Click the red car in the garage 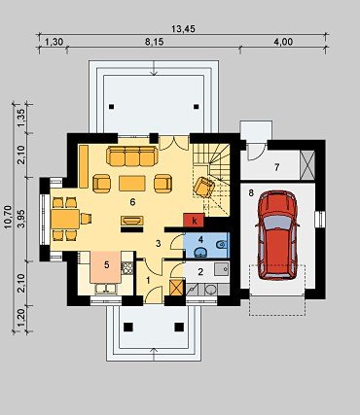tap(277, 235)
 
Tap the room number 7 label tap(276, 167)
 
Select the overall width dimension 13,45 tap(183, 29)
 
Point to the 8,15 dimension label tap(155, 42)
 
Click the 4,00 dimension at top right tap(283, 42)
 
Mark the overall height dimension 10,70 tap(8, 217)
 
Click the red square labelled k tap(194, 221)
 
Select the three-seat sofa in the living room tap(132, 156)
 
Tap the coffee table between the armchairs tap(132, 183)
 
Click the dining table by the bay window tap(65, 219)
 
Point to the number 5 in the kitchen tap(107, 264)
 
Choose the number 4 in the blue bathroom tap(200, 240)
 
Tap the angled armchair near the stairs tap(203, 187)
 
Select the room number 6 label tap(132, 202)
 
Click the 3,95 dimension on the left tap(21, 219)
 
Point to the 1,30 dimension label tap(54, 42)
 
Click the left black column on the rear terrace tap(112, 106)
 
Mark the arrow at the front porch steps tap(155, 354)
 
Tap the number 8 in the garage tap(251, 193)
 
